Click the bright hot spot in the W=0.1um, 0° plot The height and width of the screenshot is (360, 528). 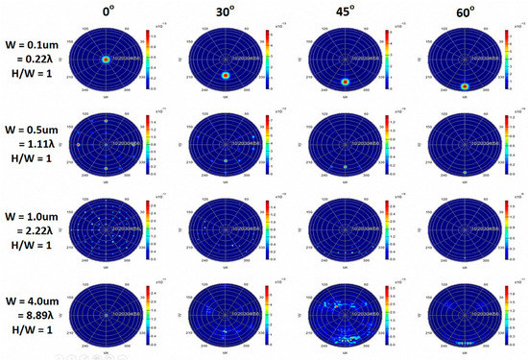pyautogui.click(x=108, y=60)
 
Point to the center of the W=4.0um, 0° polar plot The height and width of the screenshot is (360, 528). pyautogui.click(x=108, y=312)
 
